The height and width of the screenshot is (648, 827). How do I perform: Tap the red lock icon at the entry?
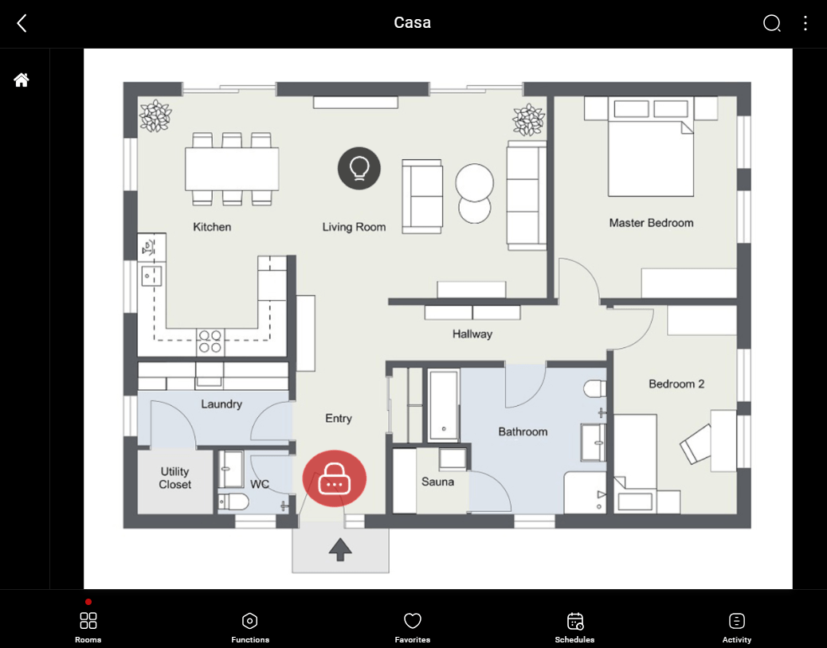point(334,478)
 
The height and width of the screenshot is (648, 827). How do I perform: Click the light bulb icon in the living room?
point(359,168)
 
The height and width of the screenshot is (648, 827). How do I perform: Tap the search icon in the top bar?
point(771,23)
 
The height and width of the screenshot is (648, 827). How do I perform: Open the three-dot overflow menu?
point(805,23)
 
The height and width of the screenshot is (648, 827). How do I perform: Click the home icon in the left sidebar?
point(22,80)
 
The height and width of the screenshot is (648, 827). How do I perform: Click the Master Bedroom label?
point(651,223)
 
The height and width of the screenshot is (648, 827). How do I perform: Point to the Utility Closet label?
point(174,478)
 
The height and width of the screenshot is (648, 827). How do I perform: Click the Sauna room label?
point(437,482)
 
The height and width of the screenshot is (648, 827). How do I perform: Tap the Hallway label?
point(472,334)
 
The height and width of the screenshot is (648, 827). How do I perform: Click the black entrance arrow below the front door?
point(340,549)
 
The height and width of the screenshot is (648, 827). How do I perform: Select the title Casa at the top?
point(412,23)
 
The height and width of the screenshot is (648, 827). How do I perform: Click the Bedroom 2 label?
point(676,384)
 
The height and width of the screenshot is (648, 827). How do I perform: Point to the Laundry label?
point(221,404)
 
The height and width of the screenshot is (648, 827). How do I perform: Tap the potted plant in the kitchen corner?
point(155,116)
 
